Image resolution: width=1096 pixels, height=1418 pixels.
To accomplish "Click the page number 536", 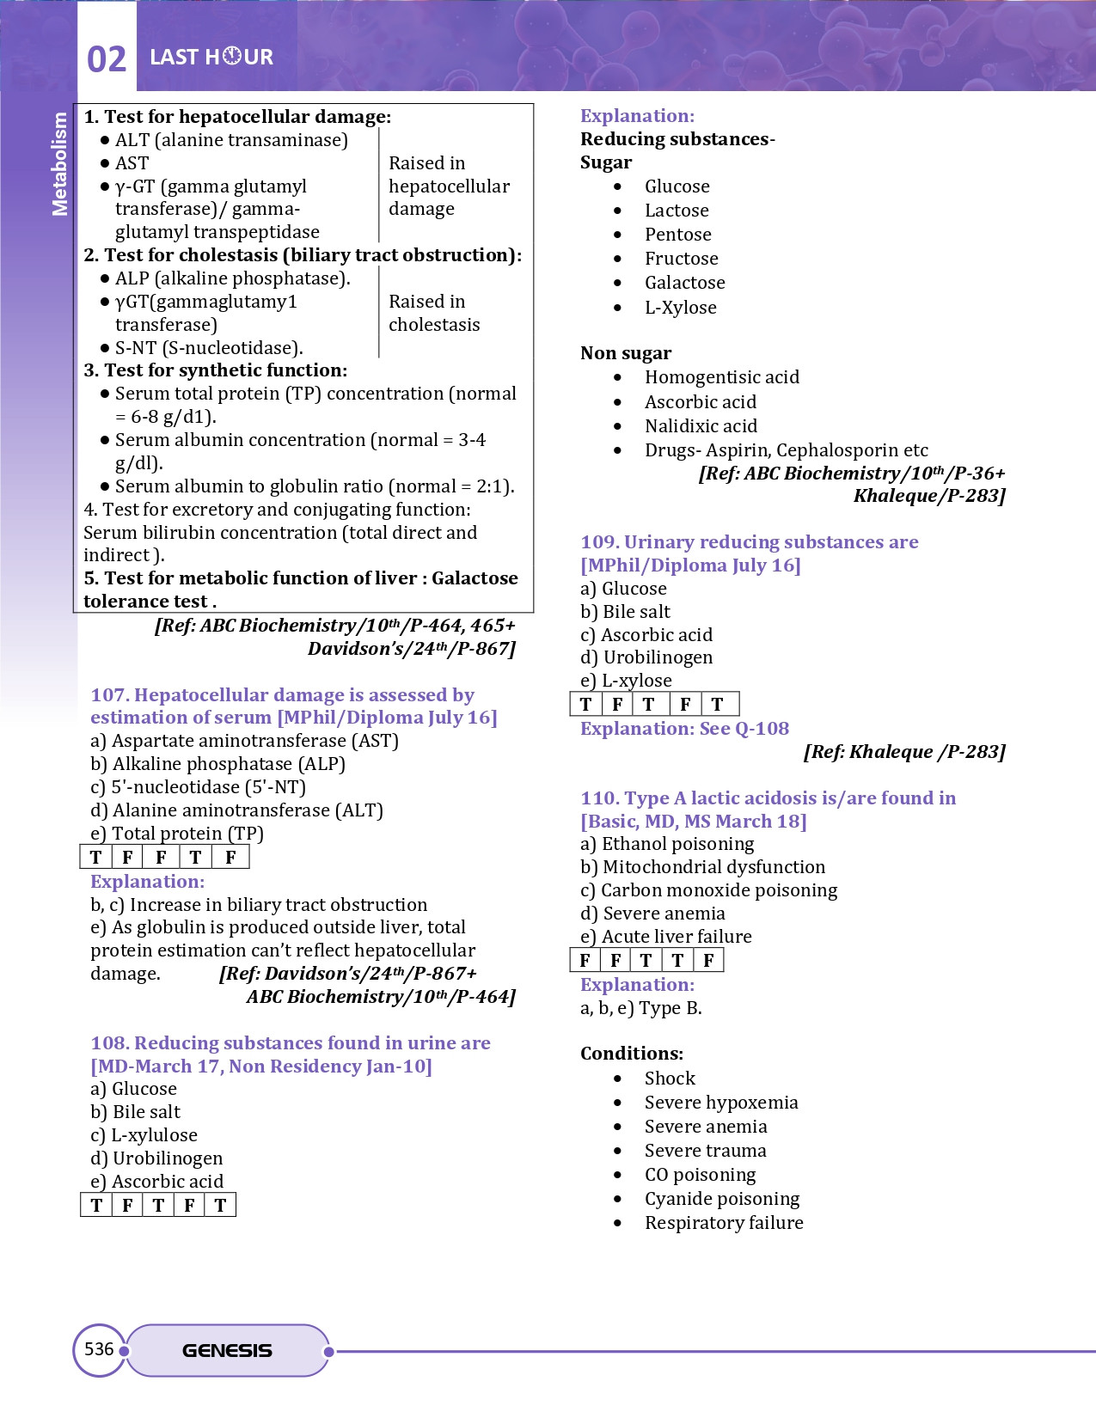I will click(x=99, y=1349).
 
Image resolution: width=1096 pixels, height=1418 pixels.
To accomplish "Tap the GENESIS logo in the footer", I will click(x=227, y=1351).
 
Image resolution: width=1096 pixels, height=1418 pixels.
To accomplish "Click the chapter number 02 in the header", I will click(x=107, y=59).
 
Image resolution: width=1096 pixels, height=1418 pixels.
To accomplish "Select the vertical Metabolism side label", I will click(x=59, y=163).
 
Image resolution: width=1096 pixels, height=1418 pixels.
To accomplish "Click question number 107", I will click(x=110, y=695).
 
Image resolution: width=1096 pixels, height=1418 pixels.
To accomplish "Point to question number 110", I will click(x=599, y=798).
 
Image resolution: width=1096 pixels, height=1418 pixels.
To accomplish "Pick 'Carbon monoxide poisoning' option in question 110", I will click(x=709, y=890).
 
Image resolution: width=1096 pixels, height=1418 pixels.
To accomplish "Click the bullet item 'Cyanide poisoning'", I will click(x=722, y=1199).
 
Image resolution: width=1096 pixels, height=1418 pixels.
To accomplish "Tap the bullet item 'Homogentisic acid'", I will click(x=722, y=377).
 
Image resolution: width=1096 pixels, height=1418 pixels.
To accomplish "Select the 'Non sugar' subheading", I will click(x=626, y=353).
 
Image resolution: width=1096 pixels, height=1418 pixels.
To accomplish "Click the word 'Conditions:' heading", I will click(x=632, y=1054).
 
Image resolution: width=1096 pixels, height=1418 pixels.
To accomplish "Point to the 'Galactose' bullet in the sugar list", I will click(x=685, y=283).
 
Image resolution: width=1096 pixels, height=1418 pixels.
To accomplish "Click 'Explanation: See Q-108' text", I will click(x=684, y=729).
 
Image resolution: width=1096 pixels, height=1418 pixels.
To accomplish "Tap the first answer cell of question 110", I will click(x=585, y=961).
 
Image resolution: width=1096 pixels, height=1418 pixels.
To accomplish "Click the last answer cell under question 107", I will click(x=230, y=858).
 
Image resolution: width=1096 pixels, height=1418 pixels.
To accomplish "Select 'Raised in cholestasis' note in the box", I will click(x=434, y=314).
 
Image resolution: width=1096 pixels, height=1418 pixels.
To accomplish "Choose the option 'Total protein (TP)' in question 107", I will click(x=177, y=834).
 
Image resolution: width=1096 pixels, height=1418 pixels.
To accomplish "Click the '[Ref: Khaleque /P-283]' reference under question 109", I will click(x=904, y=752).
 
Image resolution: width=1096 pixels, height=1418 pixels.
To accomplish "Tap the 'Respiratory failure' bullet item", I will click(x=724, y=1223).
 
